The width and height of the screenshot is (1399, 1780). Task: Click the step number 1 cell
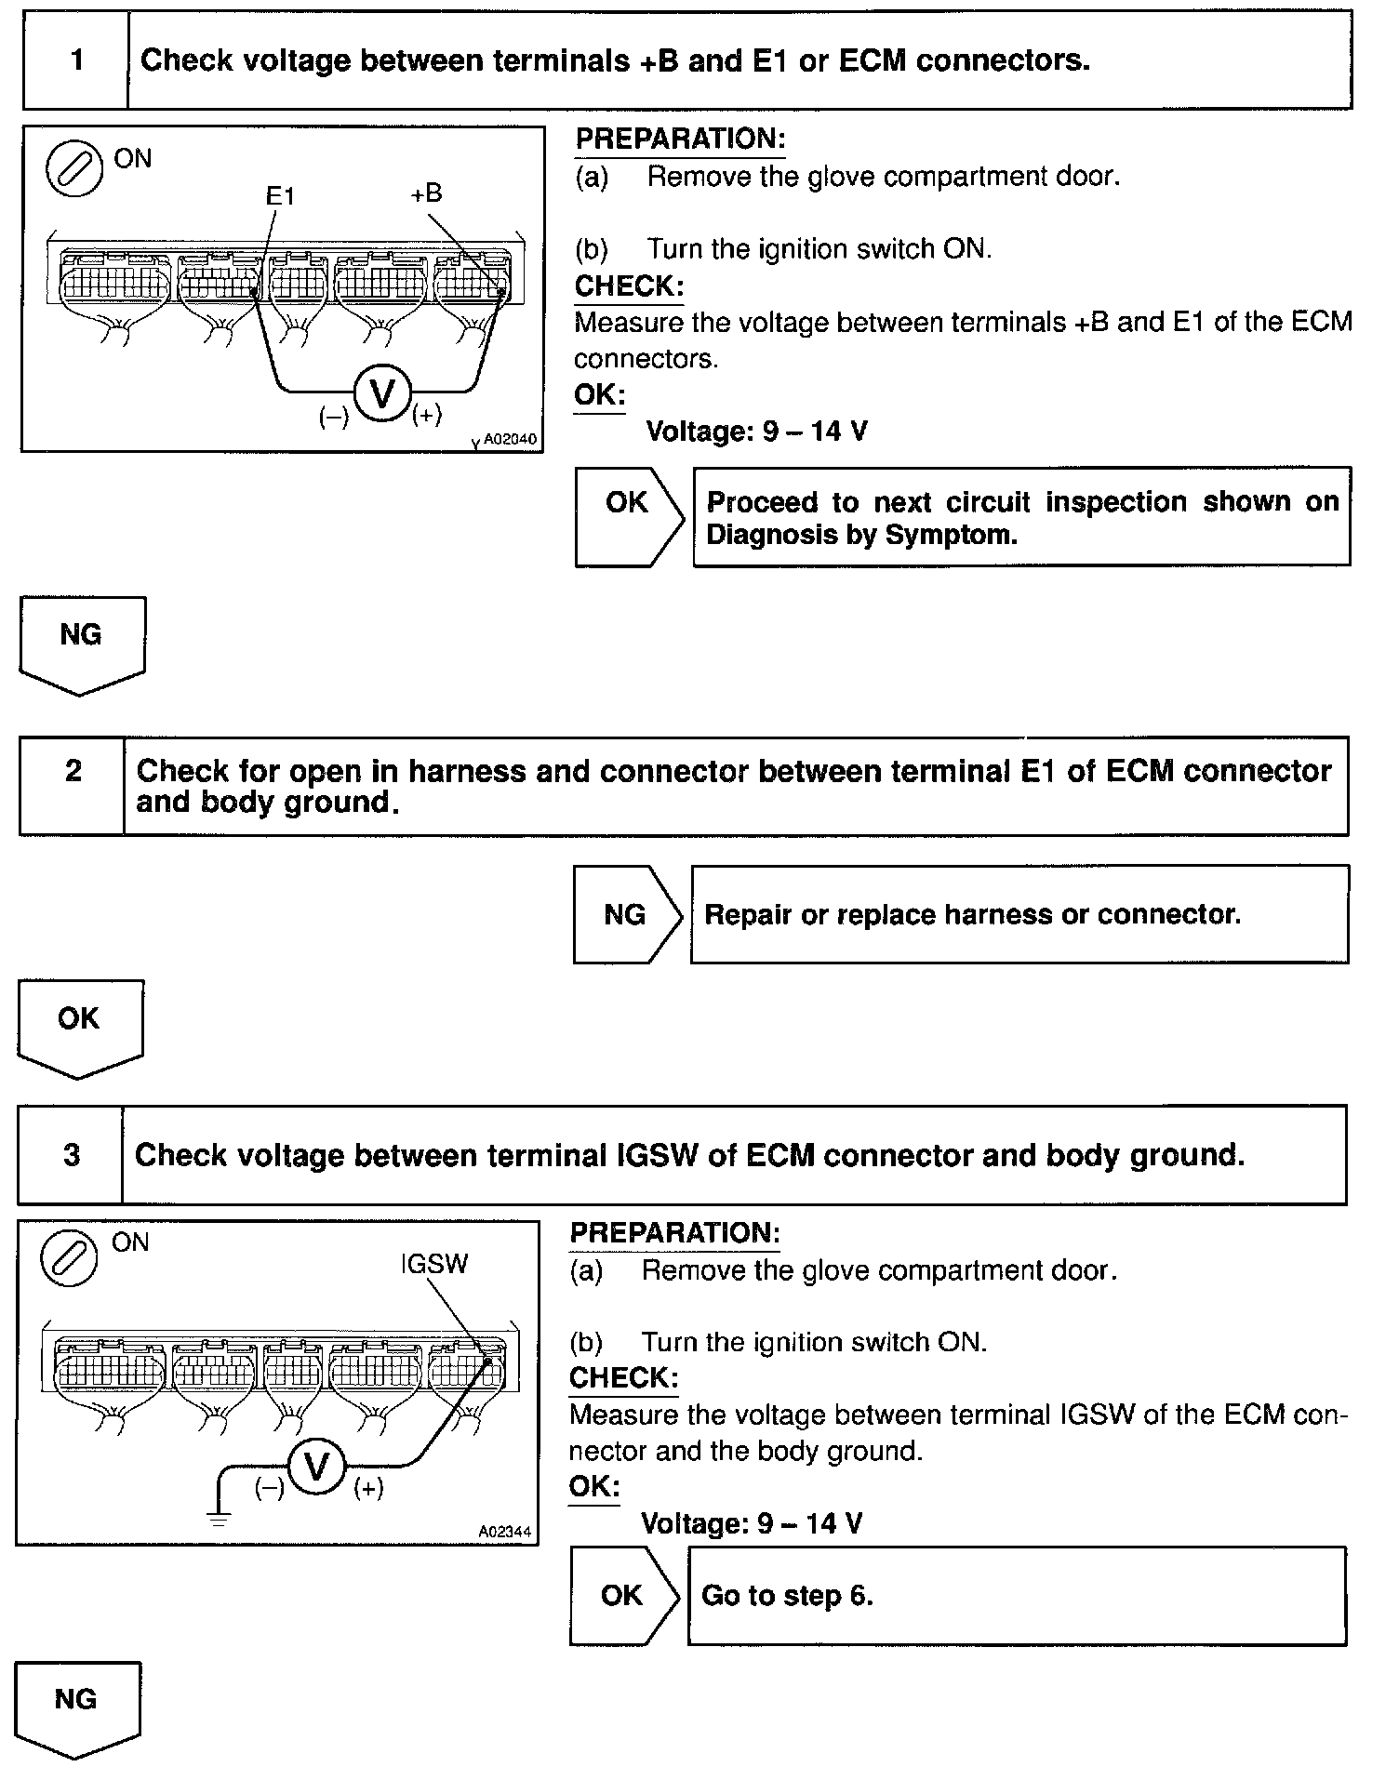pyautogui.click(x=76, y=60)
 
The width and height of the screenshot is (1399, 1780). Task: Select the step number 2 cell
pyautogui.click(x=73, y=786)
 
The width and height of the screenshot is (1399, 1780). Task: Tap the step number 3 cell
pyautogui.click(x=71, y=1154)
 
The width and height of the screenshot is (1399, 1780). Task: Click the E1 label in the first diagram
pyautogui.click(x=280, y=196)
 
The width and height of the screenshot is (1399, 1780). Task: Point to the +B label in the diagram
pyautogui.click(x=426, y=193)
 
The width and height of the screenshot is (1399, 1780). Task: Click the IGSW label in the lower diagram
pyautogui.click(x=434, y=1264)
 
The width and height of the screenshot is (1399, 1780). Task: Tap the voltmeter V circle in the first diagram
pyautogui.click(x=382, y=394)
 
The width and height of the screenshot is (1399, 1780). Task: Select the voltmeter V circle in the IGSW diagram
pyautogui.click(x=317, y=1468)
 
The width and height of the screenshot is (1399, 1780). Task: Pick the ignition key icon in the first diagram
pyautogui.click(x=74, y=169)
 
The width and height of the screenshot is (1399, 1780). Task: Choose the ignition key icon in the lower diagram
pyautogui.click(x=69, y=1258)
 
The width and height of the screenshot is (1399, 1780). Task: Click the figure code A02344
pyautogui.click(x=505, y=1531)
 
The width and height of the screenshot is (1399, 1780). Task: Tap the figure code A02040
pyautogui.click(x=510, y=439)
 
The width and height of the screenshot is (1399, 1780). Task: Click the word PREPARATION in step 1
pyautogui.click(x=680, y=139)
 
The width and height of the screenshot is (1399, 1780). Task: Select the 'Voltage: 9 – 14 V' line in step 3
pyautogui.click(x=752, y=1523)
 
